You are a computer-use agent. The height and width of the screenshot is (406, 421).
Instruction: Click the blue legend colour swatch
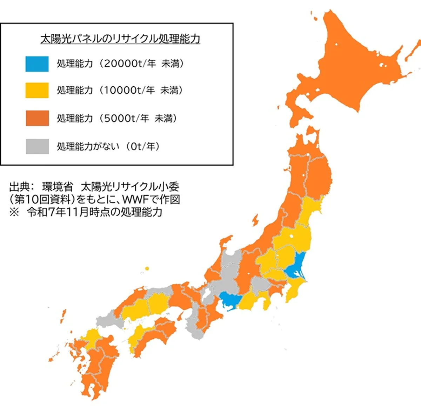pos(37,64)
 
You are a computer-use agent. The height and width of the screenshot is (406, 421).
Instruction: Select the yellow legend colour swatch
pos(37,91)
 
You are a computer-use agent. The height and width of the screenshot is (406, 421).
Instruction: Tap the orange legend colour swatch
pos(37,118)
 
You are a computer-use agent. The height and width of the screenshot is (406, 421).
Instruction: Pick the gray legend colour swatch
pos(37,146)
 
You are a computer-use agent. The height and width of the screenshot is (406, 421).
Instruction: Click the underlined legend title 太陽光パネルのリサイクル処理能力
pos(120,39)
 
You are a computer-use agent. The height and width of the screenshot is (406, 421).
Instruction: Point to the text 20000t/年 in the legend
pos(130,64)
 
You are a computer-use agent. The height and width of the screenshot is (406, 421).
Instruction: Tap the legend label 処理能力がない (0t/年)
pos(108,146)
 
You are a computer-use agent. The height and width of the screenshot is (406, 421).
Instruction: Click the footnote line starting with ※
pos(86,212)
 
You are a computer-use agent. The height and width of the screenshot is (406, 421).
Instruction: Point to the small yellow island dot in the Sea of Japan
pos(147,269)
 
